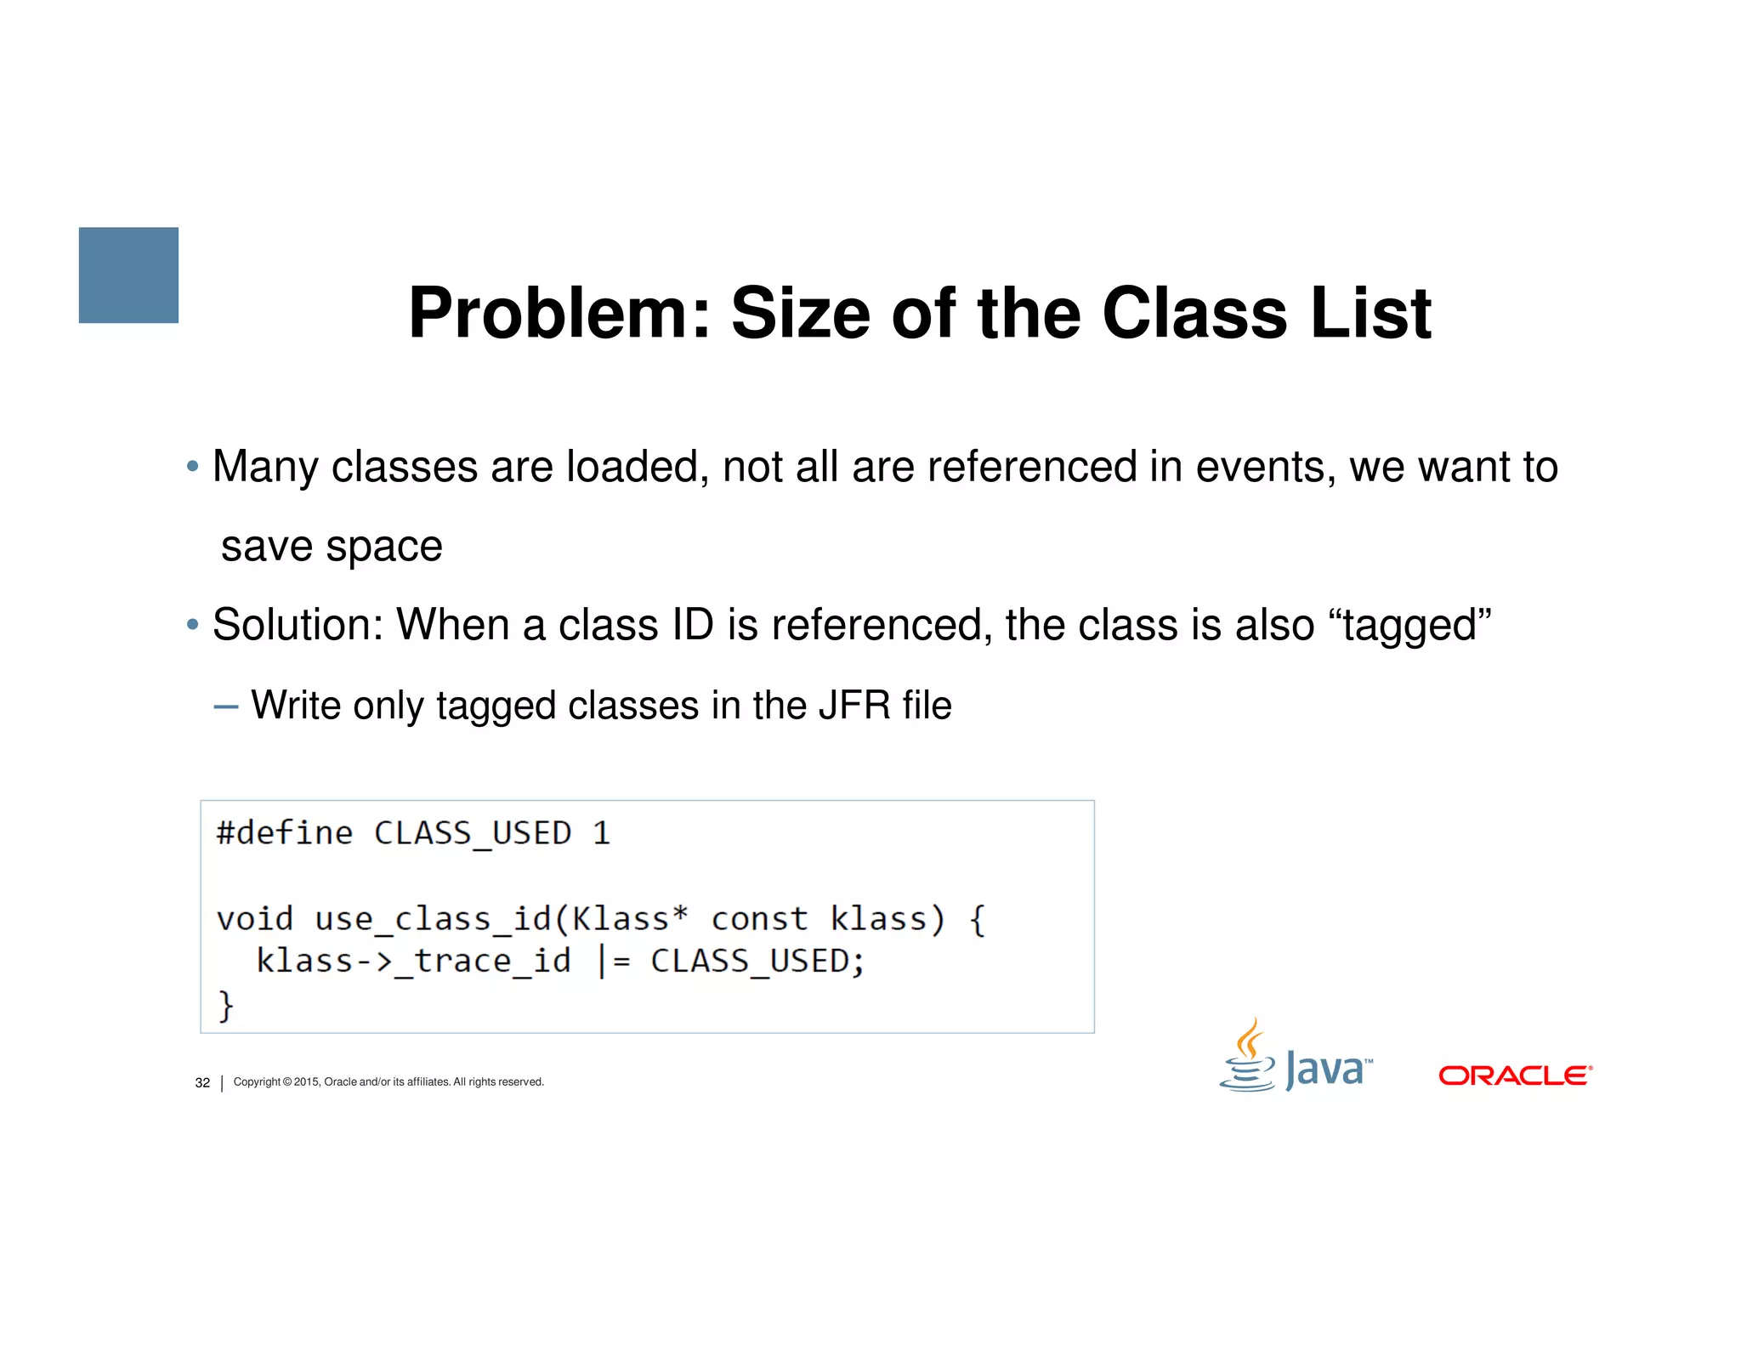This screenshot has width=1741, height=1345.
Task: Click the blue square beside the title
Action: [x=128, y=275]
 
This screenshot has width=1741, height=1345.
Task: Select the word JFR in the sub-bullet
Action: [x=854, y=705]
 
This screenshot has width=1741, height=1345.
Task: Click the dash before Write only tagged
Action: [x=226, y=706]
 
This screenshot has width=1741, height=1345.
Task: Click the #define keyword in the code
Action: [x=284, y=833]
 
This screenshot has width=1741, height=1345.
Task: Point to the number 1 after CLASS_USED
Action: [x=602, y=833]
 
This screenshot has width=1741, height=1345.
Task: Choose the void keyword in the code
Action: [x=254, y=919]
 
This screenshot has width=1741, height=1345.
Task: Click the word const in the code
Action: [x=759, y=919]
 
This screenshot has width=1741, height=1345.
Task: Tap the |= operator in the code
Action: [x=613, y=962]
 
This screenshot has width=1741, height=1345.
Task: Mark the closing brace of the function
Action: [x=225, y=1006]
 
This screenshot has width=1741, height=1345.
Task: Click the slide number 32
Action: [x=202, y=1082]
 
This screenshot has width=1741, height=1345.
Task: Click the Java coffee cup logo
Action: [x=1249, y=1057]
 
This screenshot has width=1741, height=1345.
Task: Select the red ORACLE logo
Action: [x=1515, y=1075]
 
